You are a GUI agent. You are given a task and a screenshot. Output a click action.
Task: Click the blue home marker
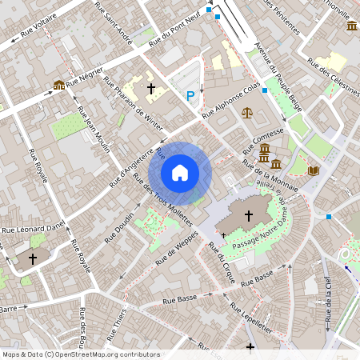click(x=180, y=173)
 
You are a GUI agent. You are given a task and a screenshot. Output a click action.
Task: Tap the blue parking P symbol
click(x=190, y=96)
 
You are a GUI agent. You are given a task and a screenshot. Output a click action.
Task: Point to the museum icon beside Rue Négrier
click(x=58, y=85)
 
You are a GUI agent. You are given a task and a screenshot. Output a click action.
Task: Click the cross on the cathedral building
click(x=248, y=214)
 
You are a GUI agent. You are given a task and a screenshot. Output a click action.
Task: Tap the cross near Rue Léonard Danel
click(x=33, y=258)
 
